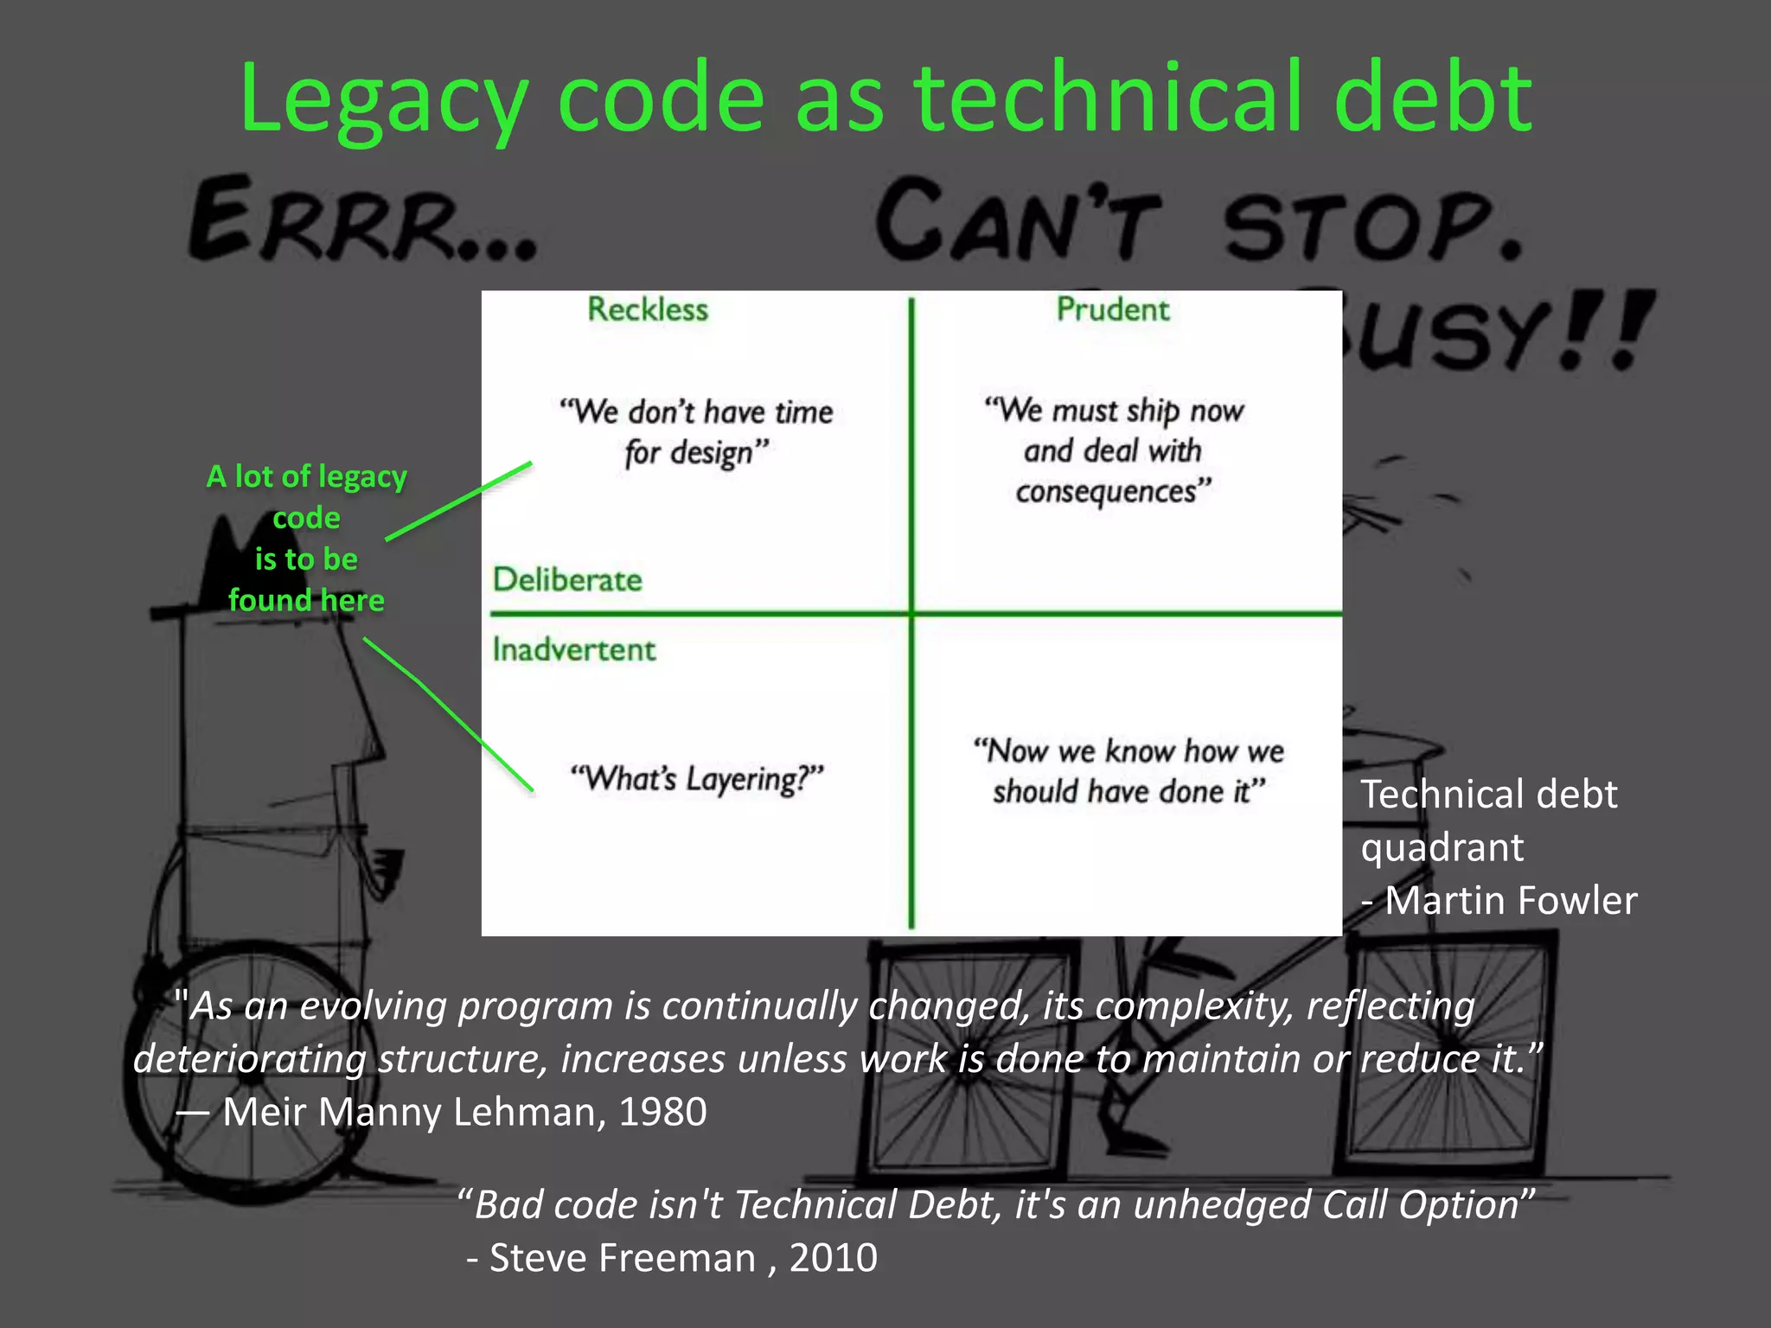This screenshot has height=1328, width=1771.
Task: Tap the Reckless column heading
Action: (648, 310)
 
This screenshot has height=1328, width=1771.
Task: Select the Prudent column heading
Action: (1113, 310)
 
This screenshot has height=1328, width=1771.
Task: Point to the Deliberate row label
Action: (567, 580)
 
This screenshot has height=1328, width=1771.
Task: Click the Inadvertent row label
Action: (574, 649)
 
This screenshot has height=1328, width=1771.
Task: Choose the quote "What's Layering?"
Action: (697, 778)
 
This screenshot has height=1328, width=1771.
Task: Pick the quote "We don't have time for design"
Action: (696, 431)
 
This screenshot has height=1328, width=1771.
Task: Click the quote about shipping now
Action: (1114, 450)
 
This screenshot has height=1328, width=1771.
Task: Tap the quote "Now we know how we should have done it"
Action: (1128, 770)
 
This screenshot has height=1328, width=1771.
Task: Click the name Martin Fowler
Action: (1511, 901)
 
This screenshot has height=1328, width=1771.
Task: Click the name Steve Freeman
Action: (623, 1258)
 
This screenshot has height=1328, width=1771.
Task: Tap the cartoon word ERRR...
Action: (363, 220)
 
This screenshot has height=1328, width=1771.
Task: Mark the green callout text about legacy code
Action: (306, 538)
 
